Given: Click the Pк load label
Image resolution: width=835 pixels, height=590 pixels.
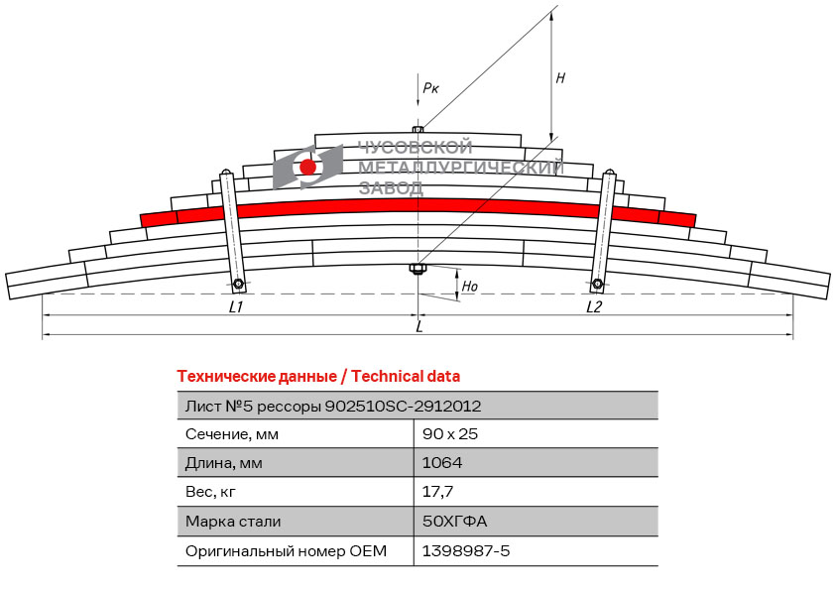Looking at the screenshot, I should click(x=430, y=89).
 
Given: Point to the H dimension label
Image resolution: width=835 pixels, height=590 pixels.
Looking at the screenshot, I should click(x=560, y=78).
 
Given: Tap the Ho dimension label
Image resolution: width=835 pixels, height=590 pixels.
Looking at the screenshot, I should click(x=470, y=287).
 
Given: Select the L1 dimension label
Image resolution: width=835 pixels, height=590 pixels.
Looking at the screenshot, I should click(x=236, y=307).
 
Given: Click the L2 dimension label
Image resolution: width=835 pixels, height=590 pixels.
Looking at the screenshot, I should click(x=594, y=307).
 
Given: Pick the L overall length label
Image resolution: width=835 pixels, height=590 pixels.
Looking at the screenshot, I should click(x=418, y=326).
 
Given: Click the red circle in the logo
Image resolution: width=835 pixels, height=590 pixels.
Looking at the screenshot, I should click(x=308, y=167).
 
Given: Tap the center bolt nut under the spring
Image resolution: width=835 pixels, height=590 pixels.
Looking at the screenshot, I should click(x=417, y=269).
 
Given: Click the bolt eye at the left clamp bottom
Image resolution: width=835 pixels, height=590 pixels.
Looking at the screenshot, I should click(x=239, y=286).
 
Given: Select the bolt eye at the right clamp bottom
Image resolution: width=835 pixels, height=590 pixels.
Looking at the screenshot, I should click(x=598, y=286).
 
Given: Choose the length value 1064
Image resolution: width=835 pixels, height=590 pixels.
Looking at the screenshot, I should click(x=442, y=462).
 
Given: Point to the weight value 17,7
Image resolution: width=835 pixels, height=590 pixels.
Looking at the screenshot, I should click(x=438, y=491).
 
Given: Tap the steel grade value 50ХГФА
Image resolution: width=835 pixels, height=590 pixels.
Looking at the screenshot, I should click(x=455, y=521).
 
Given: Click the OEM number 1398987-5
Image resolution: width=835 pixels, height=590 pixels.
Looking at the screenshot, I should click(x=466, y=550).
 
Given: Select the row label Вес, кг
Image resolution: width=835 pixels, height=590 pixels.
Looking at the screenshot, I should click(x=210, y=491).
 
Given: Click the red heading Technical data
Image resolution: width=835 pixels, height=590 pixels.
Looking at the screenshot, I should click(x=406, y=376).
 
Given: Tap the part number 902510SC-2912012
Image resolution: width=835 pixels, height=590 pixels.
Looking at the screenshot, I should click(x=404, y=406).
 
